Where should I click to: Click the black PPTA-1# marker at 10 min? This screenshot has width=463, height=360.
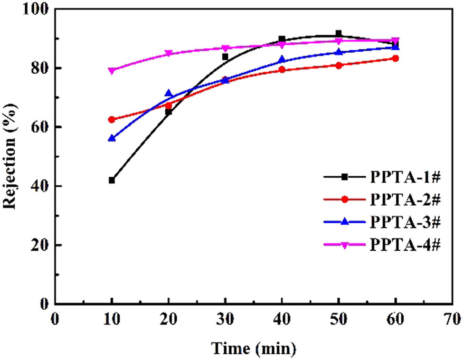click(x=112, y=180)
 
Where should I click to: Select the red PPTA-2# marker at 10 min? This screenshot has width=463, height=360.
click(x=112, y=120)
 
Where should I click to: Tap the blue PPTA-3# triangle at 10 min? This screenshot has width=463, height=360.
click(x=112, y=138)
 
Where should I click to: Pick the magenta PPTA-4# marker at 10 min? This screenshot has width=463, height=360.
click(x=112, y=71)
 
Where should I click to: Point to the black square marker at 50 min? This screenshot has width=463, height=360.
click(x=339, y=34)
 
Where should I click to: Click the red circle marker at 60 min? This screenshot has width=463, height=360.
click(x=395, y=58)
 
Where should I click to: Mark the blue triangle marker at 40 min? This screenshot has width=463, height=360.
click(x=282, y=60)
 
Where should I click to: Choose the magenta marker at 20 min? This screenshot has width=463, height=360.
click(x=168, y=54)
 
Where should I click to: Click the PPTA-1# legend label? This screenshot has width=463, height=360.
click(x=406, y=177)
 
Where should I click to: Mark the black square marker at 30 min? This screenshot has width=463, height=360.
click(x=225, y=57)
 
